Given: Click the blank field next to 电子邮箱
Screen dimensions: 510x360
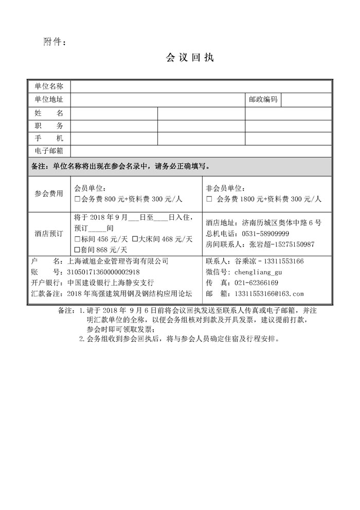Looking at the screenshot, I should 201,150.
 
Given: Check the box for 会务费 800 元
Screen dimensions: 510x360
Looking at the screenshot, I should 78,199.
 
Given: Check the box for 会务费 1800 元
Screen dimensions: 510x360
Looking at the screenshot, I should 209,199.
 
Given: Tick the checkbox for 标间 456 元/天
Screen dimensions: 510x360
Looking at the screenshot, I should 78,239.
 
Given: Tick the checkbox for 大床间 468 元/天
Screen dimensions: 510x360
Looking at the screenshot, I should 135,239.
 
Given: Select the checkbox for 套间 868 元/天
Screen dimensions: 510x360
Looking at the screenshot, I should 78,250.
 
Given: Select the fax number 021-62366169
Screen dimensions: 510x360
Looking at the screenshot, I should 256,283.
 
